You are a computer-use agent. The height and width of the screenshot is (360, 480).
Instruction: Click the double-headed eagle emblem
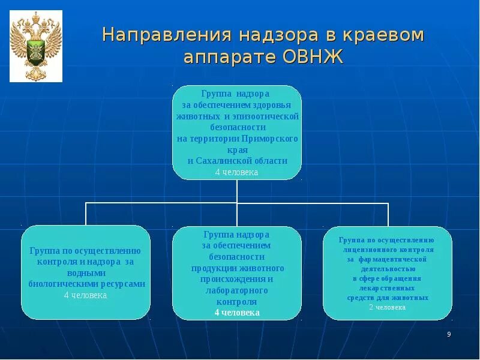[36, 46]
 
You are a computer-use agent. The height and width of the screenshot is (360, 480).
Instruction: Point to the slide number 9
[449, 334]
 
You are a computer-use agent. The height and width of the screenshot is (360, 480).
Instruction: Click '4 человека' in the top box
[236, 172]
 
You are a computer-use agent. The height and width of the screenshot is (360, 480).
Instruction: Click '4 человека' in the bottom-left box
[85, 295]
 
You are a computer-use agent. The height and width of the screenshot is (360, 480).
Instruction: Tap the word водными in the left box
[85, 273]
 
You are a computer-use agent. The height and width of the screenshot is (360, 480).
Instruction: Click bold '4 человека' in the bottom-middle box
[237, 313]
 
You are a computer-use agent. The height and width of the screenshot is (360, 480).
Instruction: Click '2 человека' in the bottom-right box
[387, 307]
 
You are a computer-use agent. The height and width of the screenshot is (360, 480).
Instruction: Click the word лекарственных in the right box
[387, 288]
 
